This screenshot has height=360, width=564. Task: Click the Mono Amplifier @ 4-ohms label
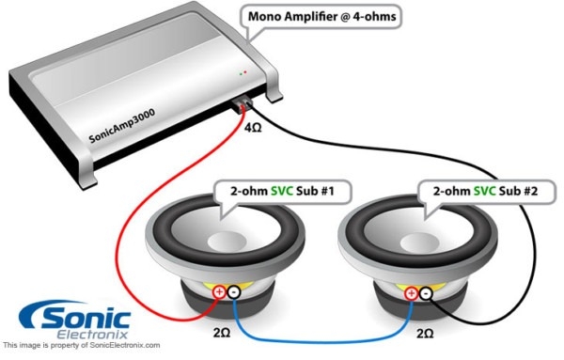click(x=321, y=16)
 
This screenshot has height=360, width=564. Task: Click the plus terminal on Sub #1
click(x=219, y=293)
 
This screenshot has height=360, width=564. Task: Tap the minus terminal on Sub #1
click(x=233, y=293)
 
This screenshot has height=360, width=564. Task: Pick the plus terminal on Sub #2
click(x=410, y=293)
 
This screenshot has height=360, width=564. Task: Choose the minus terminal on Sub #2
click(x=425, y=293)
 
